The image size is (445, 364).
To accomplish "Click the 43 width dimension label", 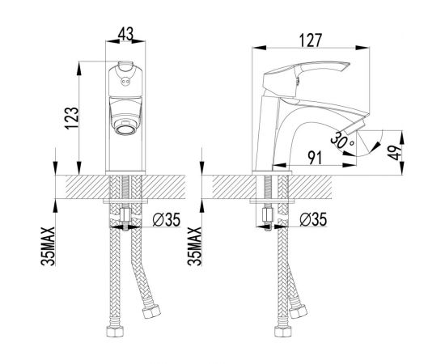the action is click(x=125, y=34).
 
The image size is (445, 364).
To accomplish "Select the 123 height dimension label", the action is click(x=71, y=118).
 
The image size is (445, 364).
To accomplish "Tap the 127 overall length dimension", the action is click(x=311, y=40).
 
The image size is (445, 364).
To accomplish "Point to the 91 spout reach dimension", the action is click(x=315, y=158).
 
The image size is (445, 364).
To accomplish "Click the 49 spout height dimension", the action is click(x=395, y=153).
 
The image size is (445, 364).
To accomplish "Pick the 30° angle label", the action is click(x=341, y=141).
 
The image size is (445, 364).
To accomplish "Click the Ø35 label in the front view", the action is click(x=167, y=220).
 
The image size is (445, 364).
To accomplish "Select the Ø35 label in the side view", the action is click(x=313, y=219).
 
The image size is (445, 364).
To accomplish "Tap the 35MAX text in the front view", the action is click(x=48, y=246).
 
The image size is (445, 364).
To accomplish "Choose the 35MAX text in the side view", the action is click(x=194, y=246).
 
